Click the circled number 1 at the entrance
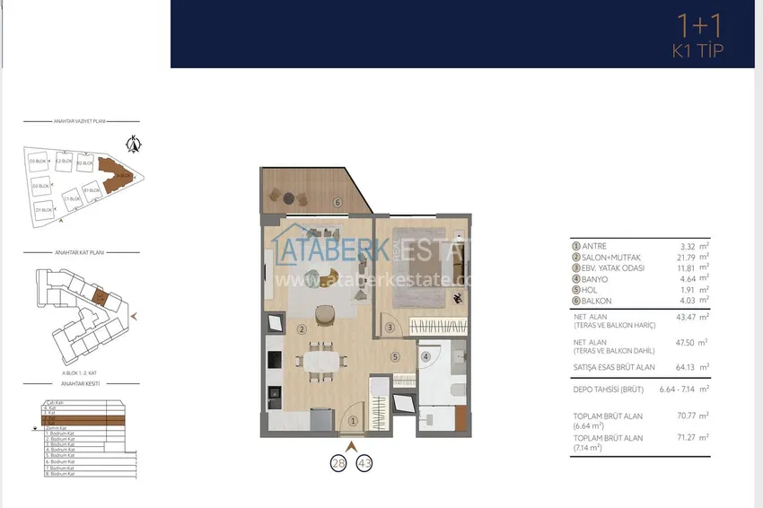[353, 420]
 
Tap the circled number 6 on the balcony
[338, 202]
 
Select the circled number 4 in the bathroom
[426, 355]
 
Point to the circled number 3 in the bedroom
[390, 328]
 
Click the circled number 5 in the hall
[394, 356]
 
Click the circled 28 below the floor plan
[339, 463]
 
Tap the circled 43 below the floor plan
[364, 463]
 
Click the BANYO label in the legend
[596, 278]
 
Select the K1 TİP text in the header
[697, 51]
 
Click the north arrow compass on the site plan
[135, 142]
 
